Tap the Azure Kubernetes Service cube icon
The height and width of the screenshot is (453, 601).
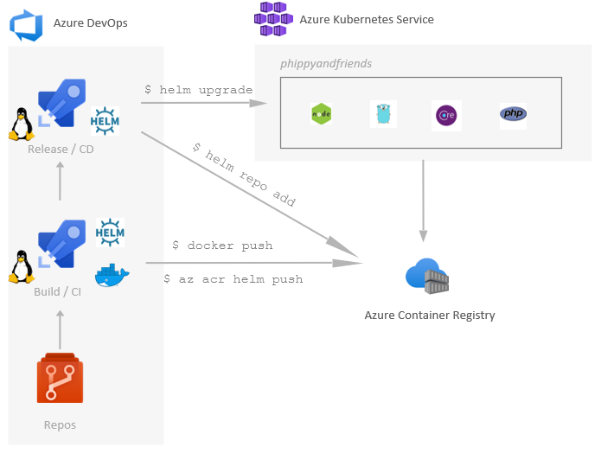point(273,18)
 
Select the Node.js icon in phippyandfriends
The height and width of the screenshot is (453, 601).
point(322,114)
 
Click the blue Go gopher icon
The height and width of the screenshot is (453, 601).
point(383,114)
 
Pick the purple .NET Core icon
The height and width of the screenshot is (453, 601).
point(446,115)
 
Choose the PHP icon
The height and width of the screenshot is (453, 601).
point(513,114)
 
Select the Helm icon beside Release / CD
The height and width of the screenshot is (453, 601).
point(105,120)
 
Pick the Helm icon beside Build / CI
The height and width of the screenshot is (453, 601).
point(110,233)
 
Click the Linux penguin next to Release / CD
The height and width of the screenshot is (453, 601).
point(22,124)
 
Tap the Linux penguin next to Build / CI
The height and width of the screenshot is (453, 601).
point(22,266)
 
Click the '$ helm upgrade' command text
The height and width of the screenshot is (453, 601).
point(198,90)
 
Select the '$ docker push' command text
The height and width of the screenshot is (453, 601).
point(223,246)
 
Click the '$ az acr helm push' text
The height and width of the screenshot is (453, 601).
point(233,279)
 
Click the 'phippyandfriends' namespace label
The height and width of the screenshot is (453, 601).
point(326,64)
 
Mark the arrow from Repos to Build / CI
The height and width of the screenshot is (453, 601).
point(60,329)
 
